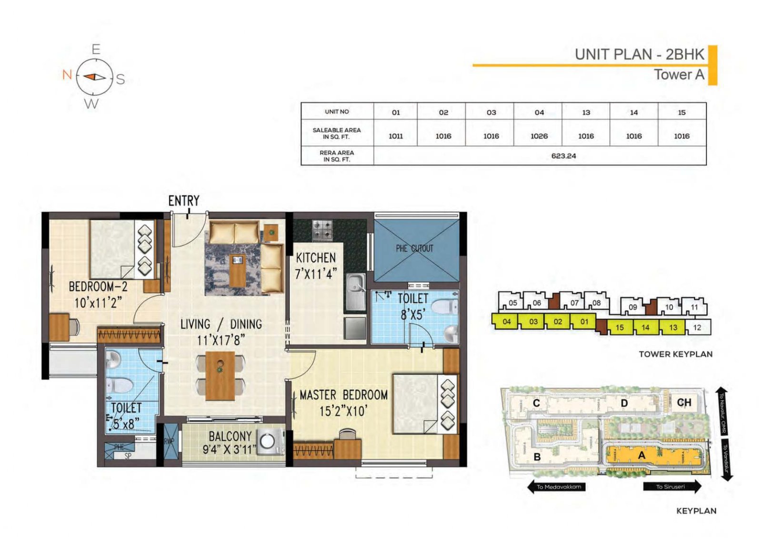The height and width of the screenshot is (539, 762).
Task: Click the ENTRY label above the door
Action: click(x=183, y=201)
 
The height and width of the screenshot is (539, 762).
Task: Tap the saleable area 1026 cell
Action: click(x=539, y=136)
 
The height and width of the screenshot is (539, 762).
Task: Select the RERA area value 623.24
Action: click(x=563, y=156)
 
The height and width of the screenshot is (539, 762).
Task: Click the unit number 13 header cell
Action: click(x=586, y=112)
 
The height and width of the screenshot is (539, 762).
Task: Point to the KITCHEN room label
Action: click(x=316, y=258)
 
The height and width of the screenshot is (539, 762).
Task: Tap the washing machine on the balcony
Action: click(x=268, y=441)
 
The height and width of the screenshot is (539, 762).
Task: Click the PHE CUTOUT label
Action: click(x=414, y=248)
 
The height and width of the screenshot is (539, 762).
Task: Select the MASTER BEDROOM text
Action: click(x=343, y=395)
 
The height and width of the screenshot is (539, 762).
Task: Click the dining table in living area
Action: click(x=220, y=376)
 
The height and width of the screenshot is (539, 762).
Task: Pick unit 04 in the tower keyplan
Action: click(x=506, y=321)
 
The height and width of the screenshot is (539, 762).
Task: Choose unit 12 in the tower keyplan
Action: click(x=697, y=327)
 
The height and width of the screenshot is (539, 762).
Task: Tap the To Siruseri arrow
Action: click(x=672, y=487)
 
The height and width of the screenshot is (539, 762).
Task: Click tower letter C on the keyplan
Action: click(x=536, y=403)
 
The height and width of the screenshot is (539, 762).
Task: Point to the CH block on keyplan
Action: click(x=683, y=403)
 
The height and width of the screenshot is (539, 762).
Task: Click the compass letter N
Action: click(x=67, y=74)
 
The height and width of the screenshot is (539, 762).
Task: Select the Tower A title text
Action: click(x=679, y=75)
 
